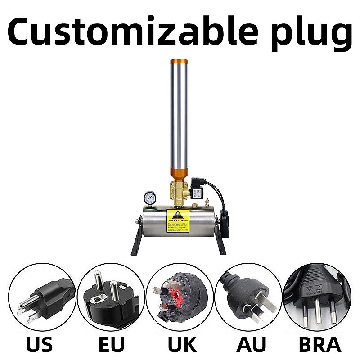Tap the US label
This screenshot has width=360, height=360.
tap(39, 345)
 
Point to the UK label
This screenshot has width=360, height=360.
tap(182, 345)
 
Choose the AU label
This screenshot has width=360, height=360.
tap(251, 345)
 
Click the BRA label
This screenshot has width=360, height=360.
tap(320, 345)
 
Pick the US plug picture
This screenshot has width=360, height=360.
tap(42, 297)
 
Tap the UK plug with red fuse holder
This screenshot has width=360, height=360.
tap(180, 297)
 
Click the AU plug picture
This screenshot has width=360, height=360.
tap(249, 297)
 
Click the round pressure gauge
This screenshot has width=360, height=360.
tap(151, 198)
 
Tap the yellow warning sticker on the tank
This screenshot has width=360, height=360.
tap(178, 220)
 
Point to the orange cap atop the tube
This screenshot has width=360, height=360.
tap(179, 63)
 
